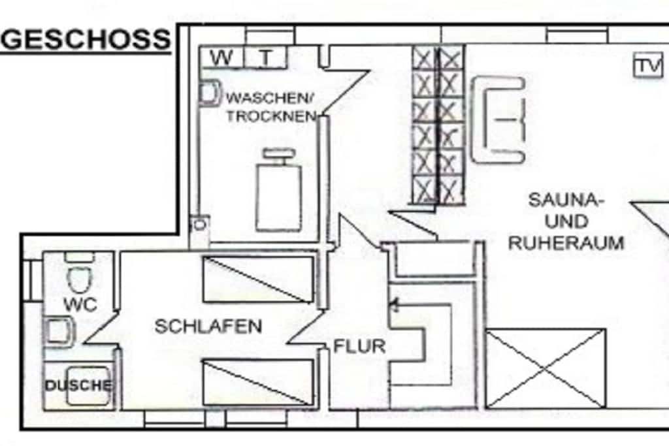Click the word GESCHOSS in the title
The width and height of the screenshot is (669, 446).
(x=86, y=39)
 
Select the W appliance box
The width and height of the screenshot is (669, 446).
(x=222, y=57)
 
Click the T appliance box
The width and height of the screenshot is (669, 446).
(x=266, y=57)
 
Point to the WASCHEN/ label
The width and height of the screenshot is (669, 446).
(x=270, y=98)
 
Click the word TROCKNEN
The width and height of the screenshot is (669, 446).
(x=271, y=116)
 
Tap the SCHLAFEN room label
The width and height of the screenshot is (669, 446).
(x=208, y=327)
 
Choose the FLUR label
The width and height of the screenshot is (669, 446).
(x=359, y=346)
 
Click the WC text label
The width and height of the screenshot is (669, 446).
(x=80, y=304)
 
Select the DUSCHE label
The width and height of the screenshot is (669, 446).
(x=79, y=385)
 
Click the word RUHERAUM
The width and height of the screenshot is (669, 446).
(x=566, y=243)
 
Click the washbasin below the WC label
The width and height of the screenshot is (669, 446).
(x=59, y=332)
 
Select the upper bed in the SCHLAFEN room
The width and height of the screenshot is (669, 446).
(x=259, y=279)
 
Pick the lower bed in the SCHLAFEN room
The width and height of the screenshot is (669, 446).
(x=259, y=383)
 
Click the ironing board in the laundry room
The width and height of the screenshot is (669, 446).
(x=279, y=190)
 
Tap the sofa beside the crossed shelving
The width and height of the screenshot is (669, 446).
(x=497, y=119)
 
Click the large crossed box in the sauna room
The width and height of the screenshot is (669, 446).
(x=546, y=369)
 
